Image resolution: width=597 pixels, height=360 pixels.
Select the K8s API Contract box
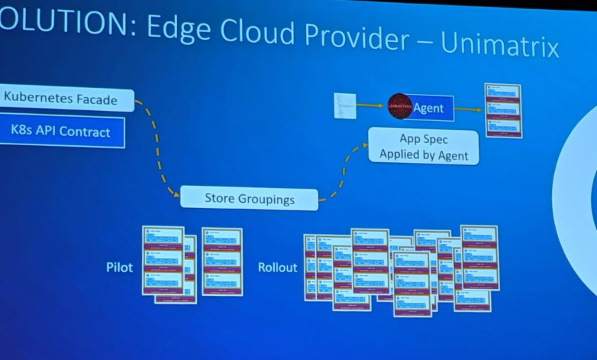(x=61, y=132)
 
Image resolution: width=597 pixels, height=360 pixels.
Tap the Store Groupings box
(x=249, y=198)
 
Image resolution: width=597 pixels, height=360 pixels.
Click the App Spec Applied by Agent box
(x=423, y=146)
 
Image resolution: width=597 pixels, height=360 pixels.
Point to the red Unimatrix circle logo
(x=400, y=107)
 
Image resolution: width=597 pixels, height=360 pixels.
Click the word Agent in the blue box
(x=428, y=108)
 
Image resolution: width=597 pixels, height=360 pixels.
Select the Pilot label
(x=120, y=268)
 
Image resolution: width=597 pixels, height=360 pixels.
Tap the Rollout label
(x=278, y=268)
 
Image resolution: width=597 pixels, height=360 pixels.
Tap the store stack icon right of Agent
(x=502, y=110)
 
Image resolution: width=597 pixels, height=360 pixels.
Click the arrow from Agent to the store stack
(x=467, y=109)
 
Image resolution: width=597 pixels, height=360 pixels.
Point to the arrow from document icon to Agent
(x=371, y=106)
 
